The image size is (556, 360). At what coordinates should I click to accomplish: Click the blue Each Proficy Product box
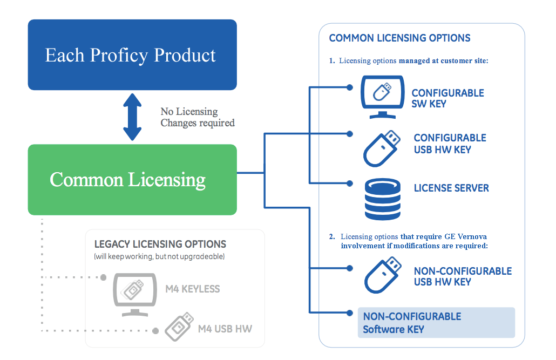pyautogui.click(x=132, y=55)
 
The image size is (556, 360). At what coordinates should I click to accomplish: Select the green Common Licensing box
pyautogui.click(x=132, y=180)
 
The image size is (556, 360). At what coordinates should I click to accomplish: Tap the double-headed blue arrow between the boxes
pyautogui.click(x=132, y=117)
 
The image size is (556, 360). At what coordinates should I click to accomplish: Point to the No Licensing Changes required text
pyautogui.click(x=198, y=117)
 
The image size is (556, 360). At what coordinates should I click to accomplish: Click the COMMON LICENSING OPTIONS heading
pyautogui.click(x=399, y=38)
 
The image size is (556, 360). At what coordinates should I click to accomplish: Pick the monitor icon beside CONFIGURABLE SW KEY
pyautogui.click(x=382, y=97)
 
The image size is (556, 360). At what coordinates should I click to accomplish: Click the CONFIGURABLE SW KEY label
pyautogui.click(x=447, y=98)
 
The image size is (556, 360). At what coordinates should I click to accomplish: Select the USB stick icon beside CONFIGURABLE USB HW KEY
pyautogui.click(x=382, y=148)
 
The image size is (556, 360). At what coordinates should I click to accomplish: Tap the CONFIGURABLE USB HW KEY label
pyautogui.click(x=450, y=144)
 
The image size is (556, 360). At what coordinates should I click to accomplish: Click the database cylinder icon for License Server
pyautogui.click(x=383, y=199)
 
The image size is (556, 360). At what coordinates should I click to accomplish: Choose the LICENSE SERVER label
pyautogui.click(x=451, y=188)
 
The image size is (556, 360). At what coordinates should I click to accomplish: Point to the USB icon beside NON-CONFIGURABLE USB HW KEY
pyautogui.click(x=383, y=275)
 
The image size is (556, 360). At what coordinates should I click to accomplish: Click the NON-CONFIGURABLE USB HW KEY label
pyautogui.click(x=463, y=276)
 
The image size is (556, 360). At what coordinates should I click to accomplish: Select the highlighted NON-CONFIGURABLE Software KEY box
pyautogui.click(x=436, y=322)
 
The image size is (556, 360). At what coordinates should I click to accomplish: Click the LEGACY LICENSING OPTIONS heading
pyautogui.click(x=160, y=244)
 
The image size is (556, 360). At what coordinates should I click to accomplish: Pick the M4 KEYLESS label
pyautogui.click(x=193, y=289)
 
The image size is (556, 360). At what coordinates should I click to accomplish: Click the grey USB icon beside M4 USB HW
pyautogui.click(x=179, y=327)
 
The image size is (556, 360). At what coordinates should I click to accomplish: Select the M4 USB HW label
pyautogui.click(x=225, y=329)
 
